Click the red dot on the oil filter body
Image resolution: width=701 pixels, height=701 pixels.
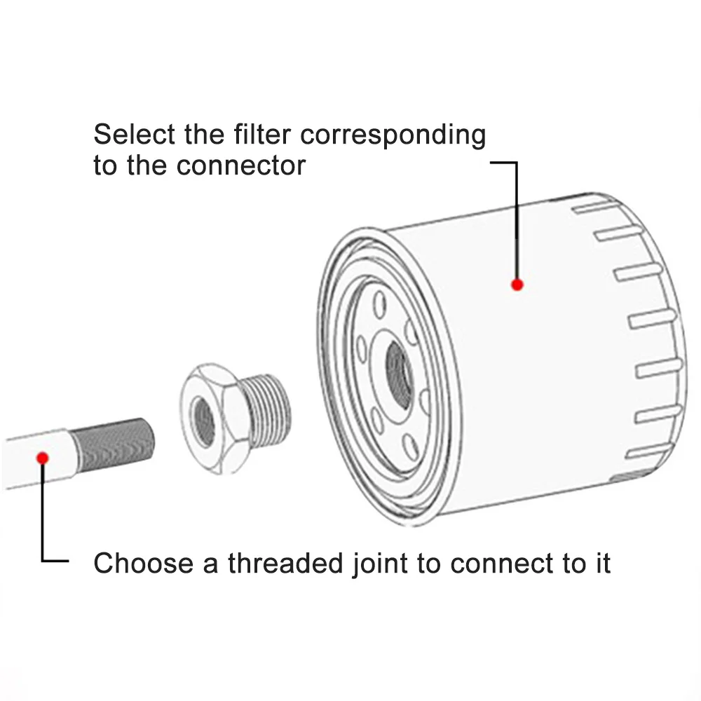click(517, 284)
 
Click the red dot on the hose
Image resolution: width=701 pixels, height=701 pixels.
click(42, 458)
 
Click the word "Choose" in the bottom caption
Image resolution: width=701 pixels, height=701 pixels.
click(144, 563)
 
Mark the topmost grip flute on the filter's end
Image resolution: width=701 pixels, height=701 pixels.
click(597, 208)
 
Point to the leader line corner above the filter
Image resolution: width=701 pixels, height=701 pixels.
click(517, 163)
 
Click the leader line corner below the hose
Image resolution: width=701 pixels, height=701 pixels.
click(43, 560)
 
